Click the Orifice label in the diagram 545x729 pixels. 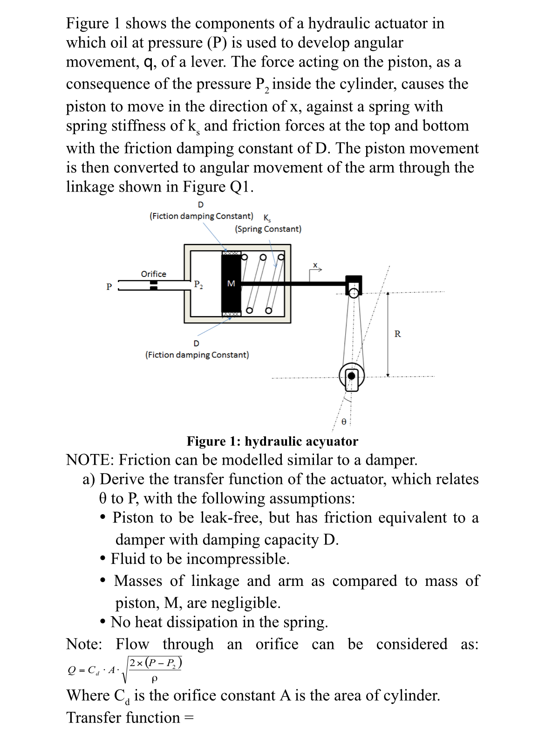tap(153, 274)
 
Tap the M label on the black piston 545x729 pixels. tap(231, 283)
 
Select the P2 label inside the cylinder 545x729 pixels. tap(198, 284)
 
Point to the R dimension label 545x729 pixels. tap(397, 334)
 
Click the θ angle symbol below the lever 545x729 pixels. tap(344, 422)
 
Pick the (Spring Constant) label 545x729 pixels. tap(268, 229)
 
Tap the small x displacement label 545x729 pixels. tap(315, 265)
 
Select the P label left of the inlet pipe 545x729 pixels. tap(109, 286)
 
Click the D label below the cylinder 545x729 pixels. tap(196, 344)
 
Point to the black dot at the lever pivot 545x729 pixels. tap(352, 376)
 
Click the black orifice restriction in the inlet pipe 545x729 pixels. tap(153, 285)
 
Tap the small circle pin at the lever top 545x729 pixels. tap(354, 293)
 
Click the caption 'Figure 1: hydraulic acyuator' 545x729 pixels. tap(272, 441)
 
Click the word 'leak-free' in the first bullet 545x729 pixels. tap(231, 517)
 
